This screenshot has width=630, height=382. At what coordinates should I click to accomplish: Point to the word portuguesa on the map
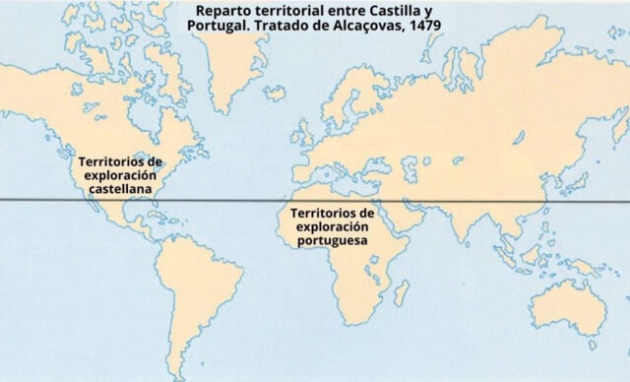click(333, 239)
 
